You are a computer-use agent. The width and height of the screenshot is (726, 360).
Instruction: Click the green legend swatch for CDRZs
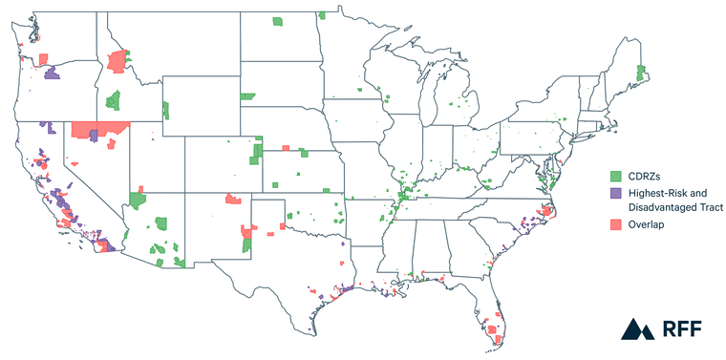pos(616,177)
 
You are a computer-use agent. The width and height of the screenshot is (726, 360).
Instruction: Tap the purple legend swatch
pos(616,192)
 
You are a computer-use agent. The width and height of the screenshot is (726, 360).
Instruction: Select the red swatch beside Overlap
pos(616,223)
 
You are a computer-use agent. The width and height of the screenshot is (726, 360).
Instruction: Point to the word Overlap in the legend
pos(648,223)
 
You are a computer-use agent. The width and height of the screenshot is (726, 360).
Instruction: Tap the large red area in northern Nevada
pos(98,129)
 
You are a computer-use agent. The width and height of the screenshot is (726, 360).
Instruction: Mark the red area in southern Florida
pos(493,331)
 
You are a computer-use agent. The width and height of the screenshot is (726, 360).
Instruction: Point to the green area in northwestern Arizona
pos(138,201)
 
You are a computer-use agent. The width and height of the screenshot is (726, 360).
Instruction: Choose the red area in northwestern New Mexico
pos(232,199)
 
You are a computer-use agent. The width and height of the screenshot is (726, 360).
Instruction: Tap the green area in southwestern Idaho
pos(114,99)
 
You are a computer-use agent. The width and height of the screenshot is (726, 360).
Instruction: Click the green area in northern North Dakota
pos(278,21)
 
